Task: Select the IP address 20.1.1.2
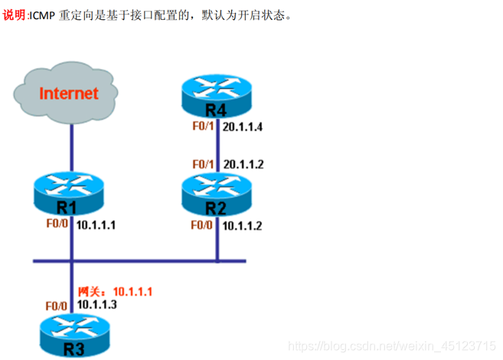click(243, 165)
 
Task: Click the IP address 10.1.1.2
click(243, 226)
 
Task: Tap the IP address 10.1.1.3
click(96, 304)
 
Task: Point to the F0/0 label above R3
click(56, 306)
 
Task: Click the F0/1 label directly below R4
click(204, 126)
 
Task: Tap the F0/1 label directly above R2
click(204, 165)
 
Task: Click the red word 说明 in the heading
click(13, 15)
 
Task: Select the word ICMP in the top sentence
click(42, 15)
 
